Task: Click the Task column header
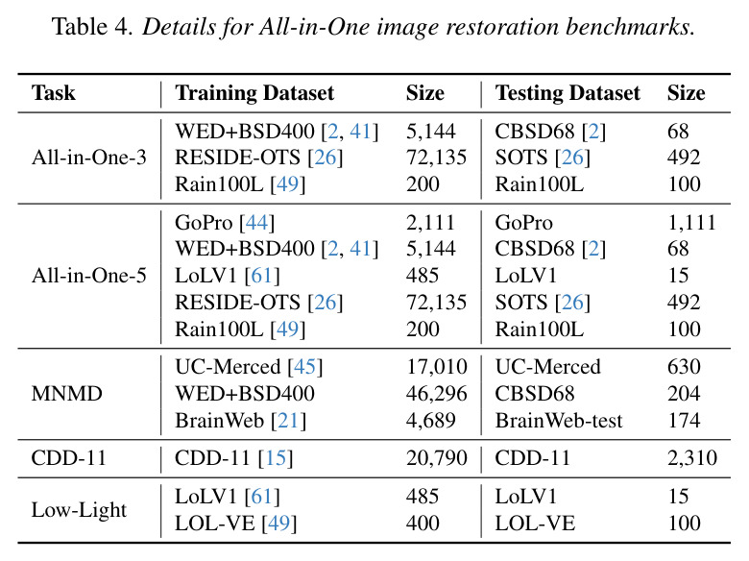53,92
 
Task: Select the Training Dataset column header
254,93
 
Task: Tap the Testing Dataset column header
568,93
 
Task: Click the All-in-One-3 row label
89,158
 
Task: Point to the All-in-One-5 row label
89,276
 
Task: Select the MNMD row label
67,394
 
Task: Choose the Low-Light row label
79,510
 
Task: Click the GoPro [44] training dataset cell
225,223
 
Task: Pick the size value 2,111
430,223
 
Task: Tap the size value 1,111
691,223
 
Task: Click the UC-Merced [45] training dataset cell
249,367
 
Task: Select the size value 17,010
437,367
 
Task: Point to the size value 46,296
437,394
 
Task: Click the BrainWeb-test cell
559,421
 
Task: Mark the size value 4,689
431,421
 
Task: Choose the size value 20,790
437,458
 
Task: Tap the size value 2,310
692,458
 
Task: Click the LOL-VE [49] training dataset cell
236,524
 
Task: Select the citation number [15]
276,458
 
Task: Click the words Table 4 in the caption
92,26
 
